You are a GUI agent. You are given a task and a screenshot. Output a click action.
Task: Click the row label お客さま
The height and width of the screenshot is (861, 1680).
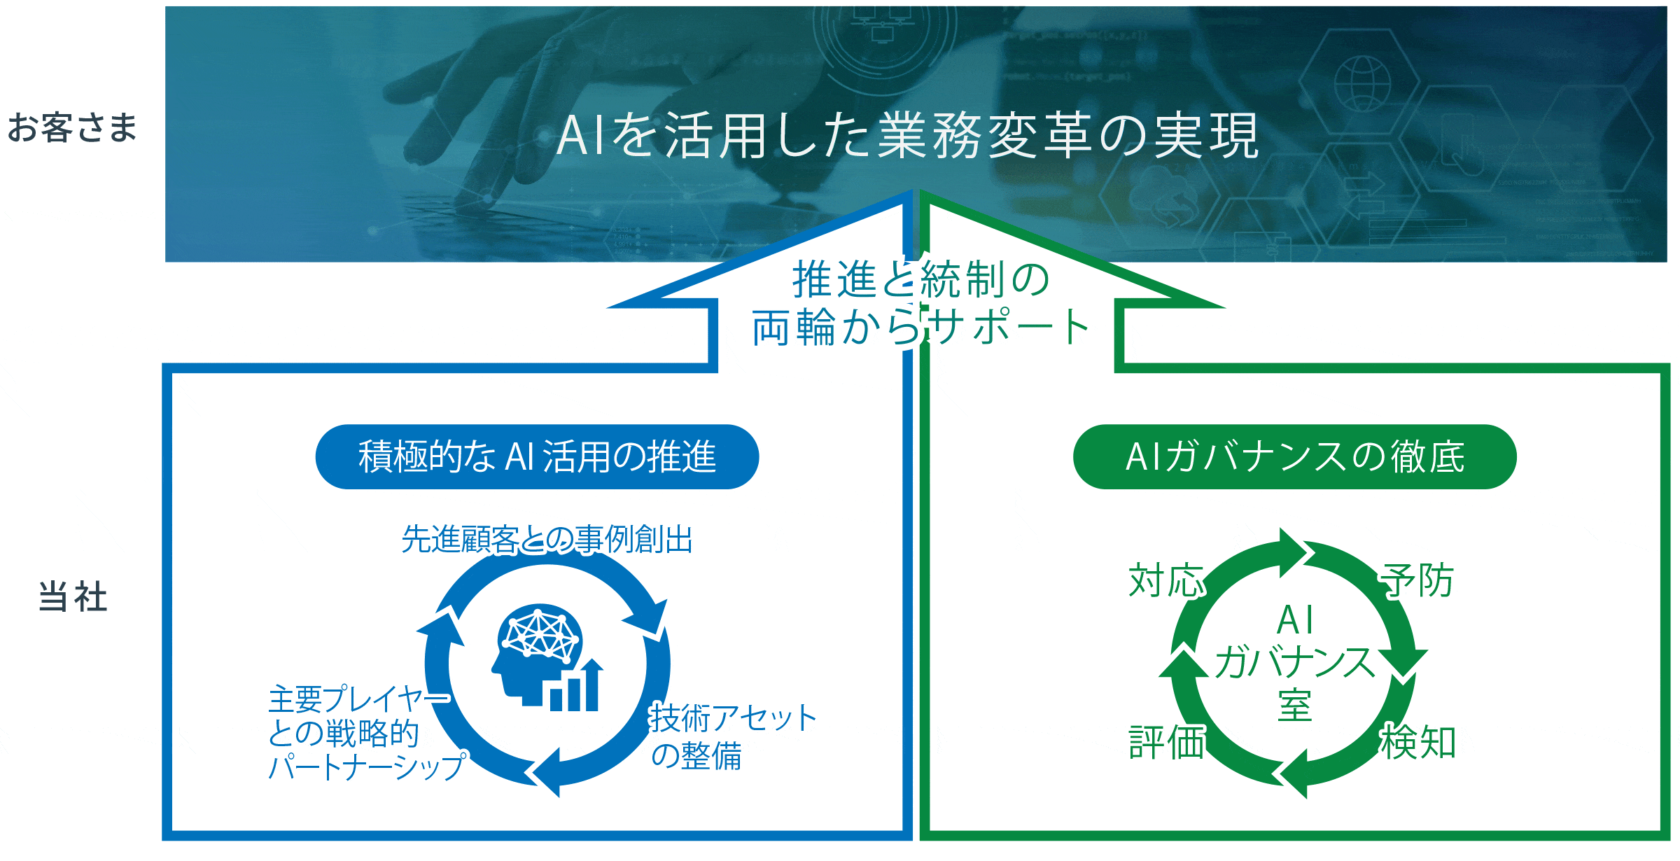point(72,127)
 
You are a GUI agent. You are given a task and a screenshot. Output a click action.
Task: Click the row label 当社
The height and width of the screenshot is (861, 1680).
point(73,597)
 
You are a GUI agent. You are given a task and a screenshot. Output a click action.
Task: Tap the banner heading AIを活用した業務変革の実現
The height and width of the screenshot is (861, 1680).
point(908,135)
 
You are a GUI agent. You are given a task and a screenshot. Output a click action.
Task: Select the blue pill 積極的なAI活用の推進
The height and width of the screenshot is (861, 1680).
point(537,456)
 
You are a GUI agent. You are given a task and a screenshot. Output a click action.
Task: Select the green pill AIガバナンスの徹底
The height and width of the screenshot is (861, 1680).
point(1294,456)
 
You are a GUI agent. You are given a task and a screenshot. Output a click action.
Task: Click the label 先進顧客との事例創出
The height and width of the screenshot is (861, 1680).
point(547,540)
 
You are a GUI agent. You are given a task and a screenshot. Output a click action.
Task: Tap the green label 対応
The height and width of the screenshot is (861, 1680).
point(1166,580)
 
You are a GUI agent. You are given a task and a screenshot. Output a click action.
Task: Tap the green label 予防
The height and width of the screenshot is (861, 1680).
point(1417,580)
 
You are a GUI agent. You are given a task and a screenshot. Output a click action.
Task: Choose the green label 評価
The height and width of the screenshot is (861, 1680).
point(1167,742)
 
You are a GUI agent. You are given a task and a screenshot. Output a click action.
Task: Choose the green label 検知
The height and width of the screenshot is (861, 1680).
point(1418,742)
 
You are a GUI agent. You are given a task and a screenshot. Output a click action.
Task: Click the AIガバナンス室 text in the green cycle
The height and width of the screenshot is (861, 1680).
point(1295,662)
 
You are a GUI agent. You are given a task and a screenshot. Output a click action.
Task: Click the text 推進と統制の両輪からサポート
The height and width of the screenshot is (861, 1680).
point(920,303)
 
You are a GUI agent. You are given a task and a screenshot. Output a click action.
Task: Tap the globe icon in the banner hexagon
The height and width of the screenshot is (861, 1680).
point(1362,83)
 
